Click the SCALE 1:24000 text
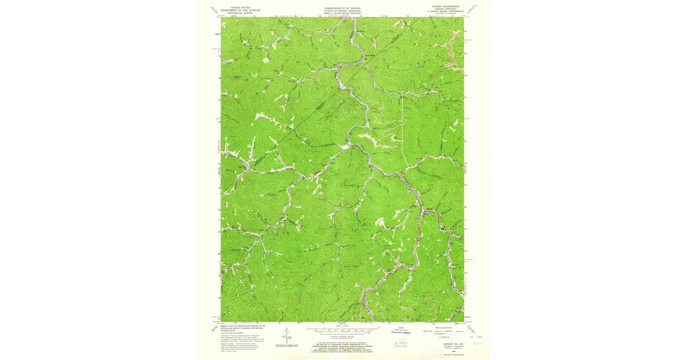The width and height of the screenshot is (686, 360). (343, 326)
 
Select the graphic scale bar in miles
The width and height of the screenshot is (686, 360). (343, 330)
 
